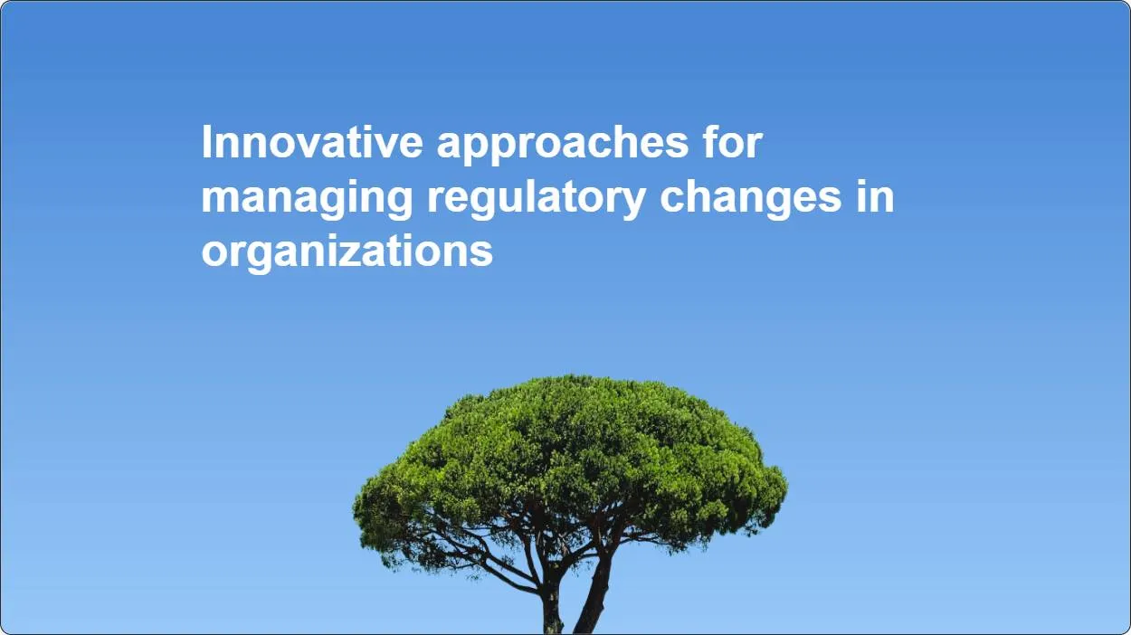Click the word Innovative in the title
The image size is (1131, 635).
[312, 142]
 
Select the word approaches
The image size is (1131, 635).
[563, 146]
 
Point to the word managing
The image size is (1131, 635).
[307, 200]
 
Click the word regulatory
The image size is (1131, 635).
[537, 200]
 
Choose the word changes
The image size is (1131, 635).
[751, 200]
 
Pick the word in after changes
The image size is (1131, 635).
[875, 196]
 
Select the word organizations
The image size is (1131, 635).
[347, 254]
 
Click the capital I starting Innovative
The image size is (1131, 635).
[206, 142]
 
